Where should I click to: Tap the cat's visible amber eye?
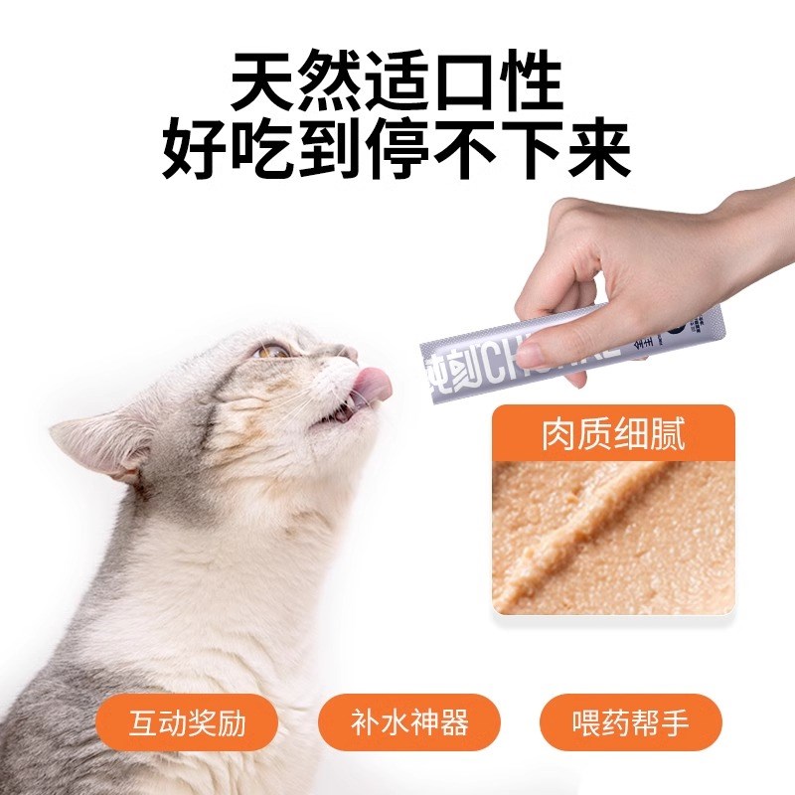[x=271, y=351]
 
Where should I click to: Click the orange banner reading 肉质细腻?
[x=613, y=435]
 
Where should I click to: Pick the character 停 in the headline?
[x=397, y=150]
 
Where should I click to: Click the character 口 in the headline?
[x=464, y=83]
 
